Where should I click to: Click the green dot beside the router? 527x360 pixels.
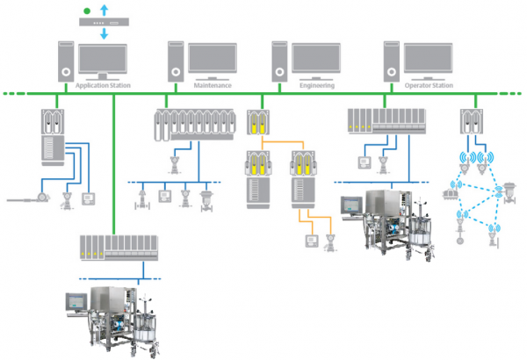pyautogui.click(x=85, y=11)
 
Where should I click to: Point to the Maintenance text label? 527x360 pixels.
pyautogui.click(x=212, y=86)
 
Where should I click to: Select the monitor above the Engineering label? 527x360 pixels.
pyautogui.click(x=316, y=60)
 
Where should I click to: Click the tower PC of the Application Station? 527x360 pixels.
pyautogui.click(x=67, y=61)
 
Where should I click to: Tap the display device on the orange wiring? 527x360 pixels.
pyautogui.click(x=309, y=240)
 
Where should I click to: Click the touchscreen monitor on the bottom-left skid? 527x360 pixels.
pyautogui.click(x=76, y=301)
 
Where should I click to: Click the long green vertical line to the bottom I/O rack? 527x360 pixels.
pyautogui.click(x=114, y=167)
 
